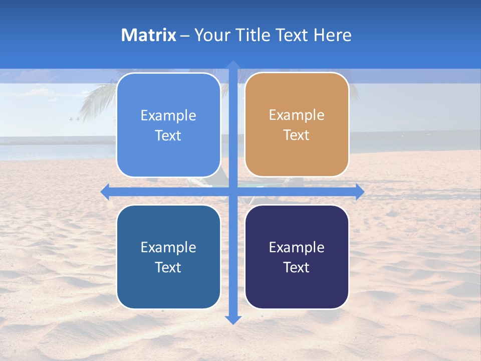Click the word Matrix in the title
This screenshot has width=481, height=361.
point(149,35)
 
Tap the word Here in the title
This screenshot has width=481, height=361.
point(332,35)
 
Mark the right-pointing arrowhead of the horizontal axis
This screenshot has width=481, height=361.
point(359,192)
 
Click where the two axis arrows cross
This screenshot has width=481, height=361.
point(233,192)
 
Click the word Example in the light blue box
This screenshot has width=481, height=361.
point(168,116)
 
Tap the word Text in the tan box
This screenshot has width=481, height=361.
point(297,135)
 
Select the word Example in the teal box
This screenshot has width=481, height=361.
point(168,248)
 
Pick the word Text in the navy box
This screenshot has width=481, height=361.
point(297,267)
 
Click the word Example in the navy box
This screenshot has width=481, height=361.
point(297,248)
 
